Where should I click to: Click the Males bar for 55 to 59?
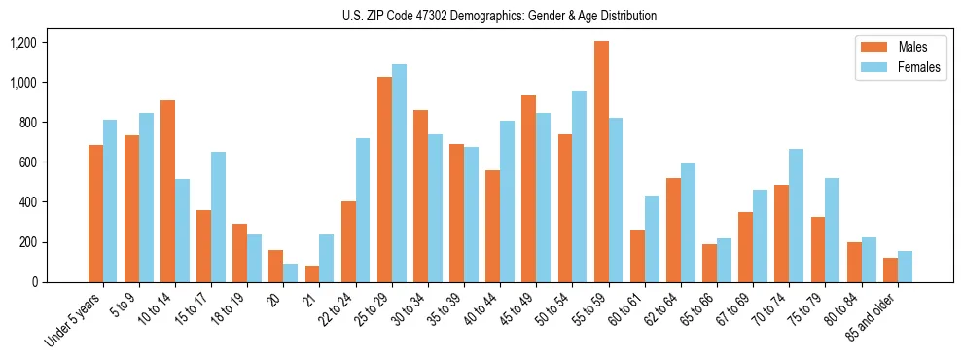click(601, 162)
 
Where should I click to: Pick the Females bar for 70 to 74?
click(796, 215)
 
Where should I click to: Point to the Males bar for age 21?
click(312, 273)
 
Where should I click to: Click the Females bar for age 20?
click(291, 272)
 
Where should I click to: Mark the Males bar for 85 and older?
click(890, 270)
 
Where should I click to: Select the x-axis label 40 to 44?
click(482, 310)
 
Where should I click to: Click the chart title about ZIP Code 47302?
click(499, 16)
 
